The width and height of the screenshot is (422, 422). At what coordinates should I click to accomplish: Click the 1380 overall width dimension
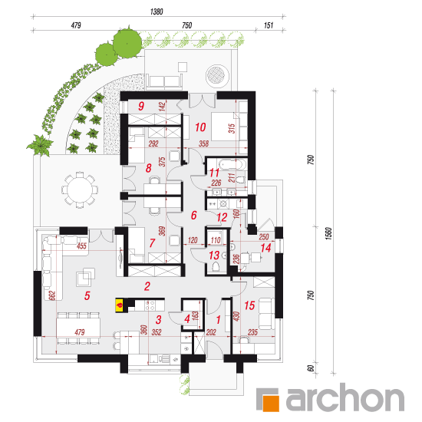coord(157,12)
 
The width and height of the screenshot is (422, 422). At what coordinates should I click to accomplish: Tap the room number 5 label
coord(87,295)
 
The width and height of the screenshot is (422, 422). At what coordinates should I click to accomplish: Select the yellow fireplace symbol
coord(120,305)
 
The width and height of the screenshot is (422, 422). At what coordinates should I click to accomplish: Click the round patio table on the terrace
coord(80,190)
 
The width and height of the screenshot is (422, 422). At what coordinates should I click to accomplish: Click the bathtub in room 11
coord(232,164)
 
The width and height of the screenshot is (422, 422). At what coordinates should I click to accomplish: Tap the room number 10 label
coord(200,127)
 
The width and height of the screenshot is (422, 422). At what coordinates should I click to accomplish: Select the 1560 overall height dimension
coord(328,233)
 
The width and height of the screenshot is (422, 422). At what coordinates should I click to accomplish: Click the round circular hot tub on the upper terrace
coord(217,76)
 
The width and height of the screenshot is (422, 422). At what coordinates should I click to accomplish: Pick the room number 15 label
coord(249,305)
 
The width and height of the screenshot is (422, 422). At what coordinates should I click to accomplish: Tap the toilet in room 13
coord(216,266)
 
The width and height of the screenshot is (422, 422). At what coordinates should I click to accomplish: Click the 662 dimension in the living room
coord(52,295)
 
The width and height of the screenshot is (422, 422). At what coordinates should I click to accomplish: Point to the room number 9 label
coord(141,106)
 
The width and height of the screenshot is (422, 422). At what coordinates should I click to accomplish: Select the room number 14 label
coord(265,248)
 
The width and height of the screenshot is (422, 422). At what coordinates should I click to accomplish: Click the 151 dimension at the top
coord(269,25)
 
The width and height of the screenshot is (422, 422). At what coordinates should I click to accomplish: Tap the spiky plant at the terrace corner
coord(41,146)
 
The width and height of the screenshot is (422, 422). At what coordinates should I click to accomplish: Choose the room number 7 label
coord(152,243)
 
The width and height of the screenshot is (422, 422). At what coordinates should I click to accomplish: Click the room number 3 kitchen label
coord(159,320)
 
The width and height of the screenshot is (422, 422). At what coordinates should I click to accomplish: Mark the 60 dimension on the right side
coord(310,368)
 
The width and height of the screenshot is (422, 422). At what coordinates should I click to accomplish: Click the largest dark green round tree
coord(127,43)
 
